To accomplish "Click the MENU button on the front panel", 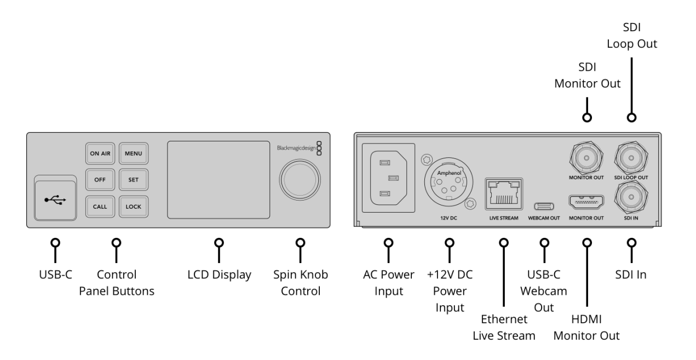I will coord(133,153).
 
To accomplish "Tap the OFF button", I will coord(100,180).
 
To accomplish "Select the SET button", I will coord(133,180).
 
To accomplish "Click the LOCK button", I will coord(133,207).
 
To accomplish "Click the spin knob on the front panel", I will coord(300,179).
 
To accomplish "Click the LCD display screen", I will coord(218,179).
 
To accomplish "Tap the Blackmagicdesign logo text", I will coord(295,148).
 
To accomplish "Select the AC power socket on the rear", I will coord(388,178).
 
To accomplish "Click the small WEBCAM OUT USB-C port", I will coord(544,206).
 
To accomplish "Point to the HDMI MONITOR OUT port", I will coord(586,203).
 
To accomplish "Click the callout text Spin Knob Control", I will coord(300,283).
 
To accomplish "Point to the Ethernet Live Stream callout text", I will coord(504,327).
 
